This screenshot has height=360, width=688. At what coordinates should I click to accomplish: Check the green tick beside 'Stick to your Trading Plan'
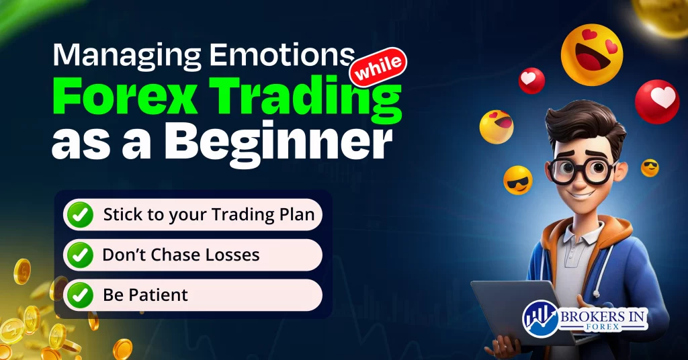point(82,216)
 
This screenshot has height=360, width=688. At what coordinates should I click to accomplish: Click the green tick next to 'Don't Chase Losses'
point(82,255)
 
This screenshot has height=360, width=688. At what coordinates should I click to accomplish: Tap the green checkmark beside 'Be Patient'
point(82,294)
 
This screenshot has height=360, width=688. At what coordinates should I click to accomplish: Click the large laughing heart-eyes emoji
point(592,55)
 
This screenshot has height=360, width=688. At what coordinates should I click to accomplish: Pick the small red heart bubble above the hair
point(531,81)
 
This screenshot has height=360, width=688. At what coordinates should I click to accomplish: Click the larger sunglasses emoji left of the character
point(518,179)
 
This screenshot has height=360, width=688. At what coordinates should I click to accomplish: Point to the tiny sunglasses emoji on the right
point(650,167)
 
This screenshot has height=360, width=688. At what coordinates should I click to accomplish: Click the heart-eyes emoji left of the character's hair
point(497,127)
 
